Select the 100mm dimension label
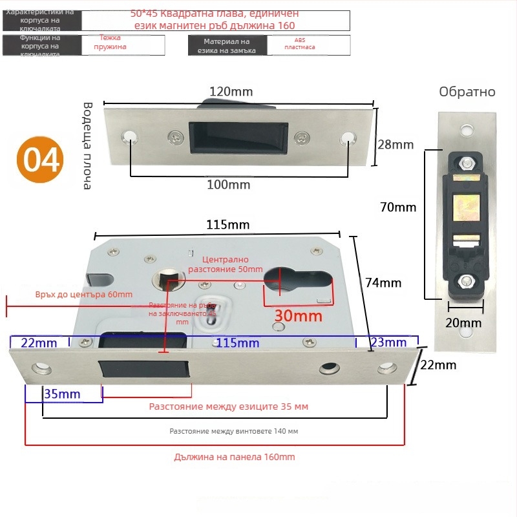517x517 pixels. pos(228,185)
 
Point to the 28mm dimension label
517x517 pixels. pos(395,145)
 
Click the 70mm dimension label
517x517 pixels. pos(398,207)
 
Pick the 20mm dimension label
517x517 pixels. pos(464,322)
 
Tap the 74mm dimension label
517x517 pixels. pos(384,282)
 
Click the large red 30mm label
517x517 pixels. pos(298,316)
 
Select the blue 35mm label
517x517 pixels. pos(63,394)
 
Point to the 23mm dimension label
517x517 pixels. pos(389,342)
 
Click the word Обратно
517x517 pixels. pos(467,92)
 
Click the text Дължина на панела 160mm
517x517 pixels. pos(235,457)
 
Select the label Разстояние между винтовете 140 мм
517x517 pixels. pos(234,430)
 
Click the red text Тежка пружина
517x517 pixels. pos(110,43)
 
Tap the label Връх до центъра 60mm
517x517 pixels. pos(84,295)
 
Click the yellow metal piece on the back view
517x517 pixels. pos(467,208)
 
